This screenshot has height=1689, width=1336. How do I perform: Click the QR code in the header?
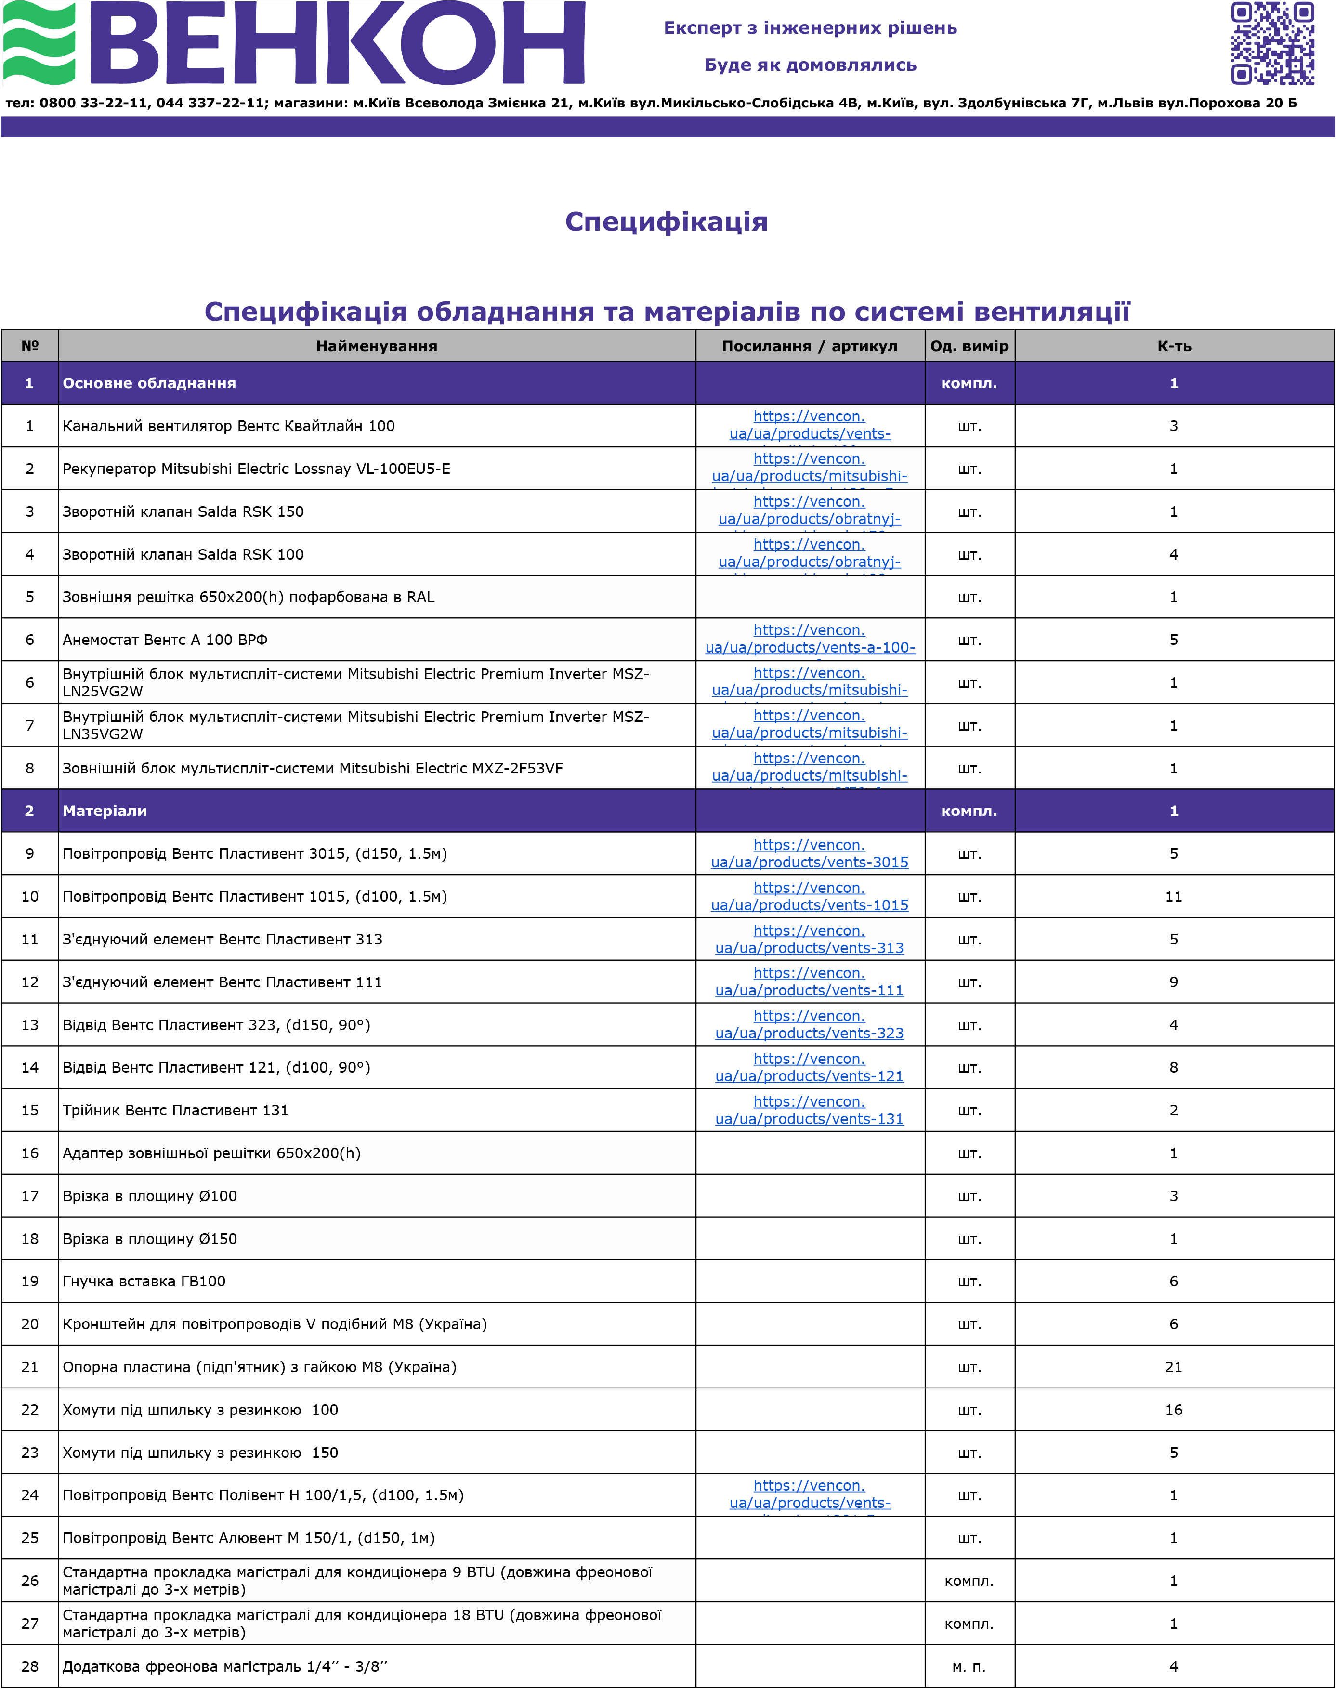pyautogui.click(x=1272, y=43)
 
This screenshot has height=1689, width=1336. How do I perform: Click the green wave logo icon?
pyautogui.click(x=39, y=43)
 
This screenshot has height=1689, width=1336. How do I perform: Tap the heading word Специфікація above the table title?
pyautogui.click(x=667, y=222)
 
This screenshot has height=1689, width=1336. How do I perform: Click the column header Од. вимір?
pyautogui.click(x=969, y=346)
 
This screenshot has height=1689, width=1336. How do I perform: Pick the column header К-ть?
pyautogui.click(x=1174, y=346)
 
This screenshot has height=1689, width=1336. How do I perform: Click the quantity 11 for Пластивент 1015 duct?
pyautogui.click(x=1173, y=897)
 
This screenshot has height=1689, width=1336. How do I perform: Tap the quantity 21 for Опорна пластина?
pyautogui.click(x=1173, y=1367)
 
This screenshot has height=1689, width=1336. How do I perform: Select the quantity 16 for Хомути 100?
pyautogui.click(x=1173, y=1410)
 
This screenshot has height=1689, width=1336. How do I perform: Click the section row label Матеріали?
pyautogui.click(x=105, y=811)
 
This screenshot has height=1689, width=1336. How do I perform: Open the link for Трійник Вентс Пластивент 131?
pyautogui.click(x=810, y=1110)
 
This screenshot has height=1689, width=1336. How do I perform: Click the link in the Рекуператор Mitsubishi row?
pyautogui.click(x=810, y=468)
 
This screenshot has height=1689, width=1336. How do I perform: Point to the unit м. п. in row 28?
pyautogui.click(x=969, y=1666)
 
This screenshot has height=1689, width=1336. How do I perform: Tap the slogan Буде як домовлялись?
pyautogui.click(x=811, y=65)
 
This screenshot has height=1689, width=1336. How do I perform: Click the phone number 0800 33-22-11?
pyautogui.click(x=93, y=103)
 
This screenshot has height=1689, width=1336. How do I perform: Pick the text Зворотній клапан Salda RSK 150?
pyautogui.click(x=183, y=511)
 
